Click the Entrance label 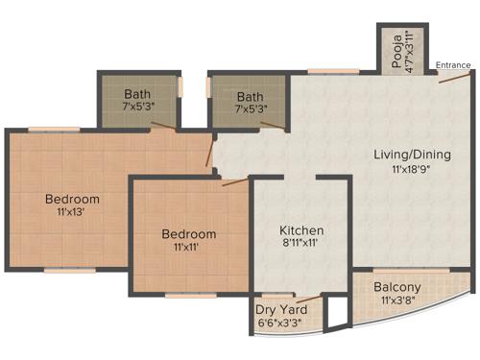(x=452, y=65)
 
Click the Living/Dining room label (x=413, y=155)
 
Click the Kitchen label (x=301, y=231)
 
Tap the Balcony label (x=397, y=287)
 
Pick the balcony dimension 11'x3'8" (x=397, y=301)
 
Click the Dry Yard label (x=281, y=309)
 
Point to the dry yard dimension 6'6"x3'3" (x=281, y=324)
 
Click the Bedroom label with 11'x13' (x=73, y=200)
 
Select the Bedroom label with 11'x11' (x=188, y=234)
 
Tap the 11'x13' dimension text (x=73, y=214)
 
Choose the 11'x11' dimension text (x=188, y=248)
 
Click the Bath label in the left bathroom (x=138, y=94)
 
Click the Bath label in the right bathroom (x=251, y=96)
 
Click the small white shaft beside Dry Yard (x=334, y=313)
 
